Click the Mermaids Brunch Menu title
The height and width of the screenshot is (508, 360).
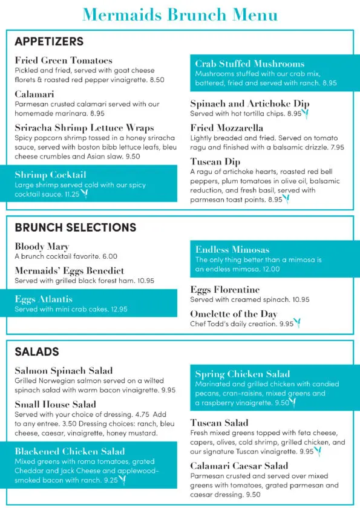point(180,15)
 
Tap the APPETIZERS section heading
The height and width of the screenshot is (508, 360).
point(49,42)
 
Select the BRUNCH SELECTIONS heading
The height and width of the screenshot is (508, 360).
point(76,227)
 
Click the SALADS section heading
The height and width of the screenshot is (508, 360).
point(37,351)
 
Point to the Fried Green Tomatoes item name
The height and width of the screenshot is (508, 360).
point(64,60)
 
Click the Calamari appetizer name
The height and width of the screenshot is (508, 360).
point(34,94)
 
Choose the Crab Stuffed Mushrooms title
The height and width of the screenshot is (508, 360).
point(249,63)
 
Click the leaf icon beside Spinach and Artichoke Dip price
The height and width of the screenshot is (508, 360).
point(306,113)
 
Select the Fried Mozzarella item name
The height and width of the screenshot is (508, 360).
point(226,128)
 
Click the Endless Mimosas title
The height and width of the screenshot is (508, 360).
point(232,249)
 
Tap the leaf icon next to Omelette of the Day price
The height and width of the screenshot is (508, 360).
point(298,324)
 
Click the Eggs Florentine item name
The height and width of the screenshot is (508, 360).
point(224,290)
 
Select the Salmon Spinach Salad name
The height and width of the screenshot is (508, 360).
point(64,371)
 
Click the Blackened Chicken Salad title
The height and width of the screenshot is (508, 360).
point(70,451)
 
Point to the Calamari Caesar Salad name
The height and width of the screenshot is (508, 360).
point(239,466)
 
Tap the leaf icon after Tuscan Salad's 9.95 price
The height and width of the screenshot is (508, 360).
point(319,451)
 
